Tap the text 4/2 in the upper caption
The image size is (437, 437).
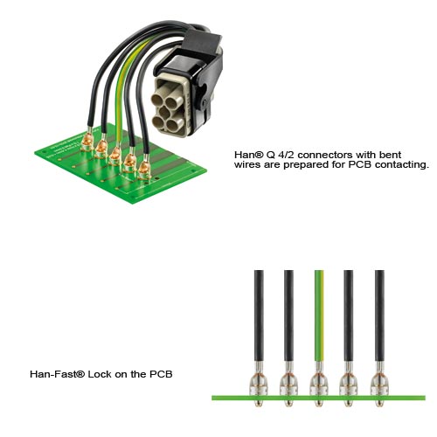click(288, 154)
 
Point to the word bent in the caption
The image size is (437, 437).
click(390, 154)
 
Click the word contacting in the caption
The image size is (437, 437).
click(402, 165)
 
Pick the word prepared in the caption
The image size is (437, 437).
click(306, 165)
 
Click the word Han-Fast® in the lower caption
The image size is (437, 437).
click(58, 374)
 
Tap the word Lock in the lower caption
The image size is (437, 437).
click(100, 374)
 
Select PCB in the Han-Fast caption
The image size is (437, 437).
click(161, 374)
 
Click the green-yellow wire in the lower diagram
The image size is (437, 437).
click(319, 316)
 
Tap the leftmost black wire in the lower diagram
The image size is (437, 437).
click(259, 316)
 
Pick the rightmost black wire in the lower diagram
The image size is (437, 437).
click(379, 316)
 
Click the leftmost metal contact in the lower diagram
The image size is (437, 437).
click(259, 385)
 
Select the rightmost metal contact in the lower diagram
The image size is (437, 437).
click(379, 385)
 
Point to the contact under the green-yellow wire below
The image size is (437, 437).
click(319, 385)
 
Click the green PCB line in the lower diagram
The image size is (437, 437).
click(318, 398)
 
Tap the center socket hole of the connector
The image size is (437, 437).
click(164, 112)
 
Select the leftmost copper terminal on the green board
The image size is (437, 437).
click(87, 141)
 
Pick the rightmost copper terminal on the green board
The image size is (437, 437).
click(143, 170)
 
